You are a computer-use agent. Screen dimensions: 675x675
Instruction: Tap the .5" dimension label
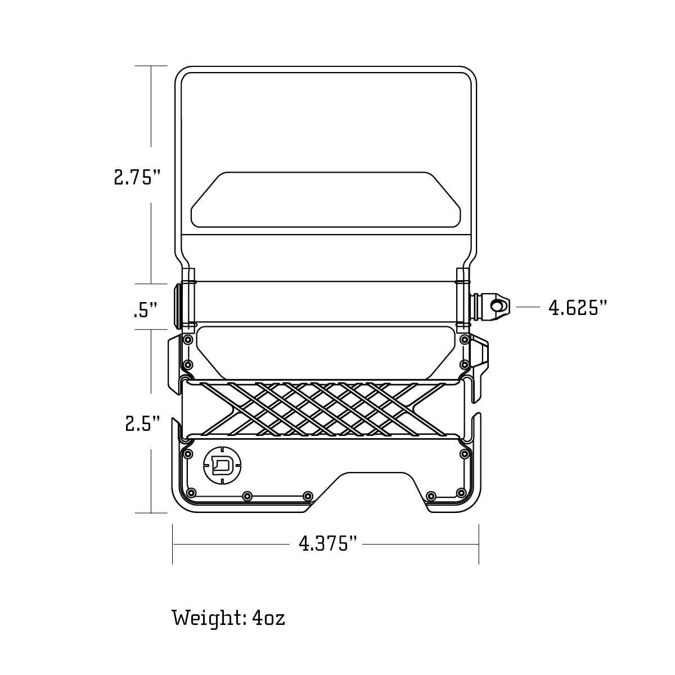(x=145, y=310)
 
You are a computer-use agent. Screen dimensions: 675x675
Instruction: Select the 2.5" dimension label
(x=143, y=423)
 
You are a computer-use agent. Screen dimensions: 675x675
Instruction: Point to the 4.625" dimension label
(x=578, y=308)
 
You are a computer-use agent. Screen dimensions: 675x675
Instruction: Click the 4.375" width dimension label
(x=328, y=544)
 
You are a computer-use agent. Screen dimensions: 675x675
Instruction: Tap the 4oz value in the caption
(x=268, y=618)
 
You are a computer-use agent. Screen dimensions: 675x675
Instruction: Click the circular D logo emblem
(x=223, y=465)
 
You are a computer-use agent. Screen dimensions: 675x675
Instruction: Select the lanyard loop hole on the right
(x=497, y=306)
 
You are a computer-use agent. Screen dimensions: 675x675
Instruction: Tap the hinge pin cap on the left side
(x=178, y=307)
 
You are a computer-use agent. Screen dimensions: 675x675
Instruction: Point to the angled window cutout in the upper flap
(x=326, y=200)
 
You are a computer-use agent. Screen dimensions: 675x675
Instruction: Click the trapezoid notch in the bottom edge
(x=374, y=489)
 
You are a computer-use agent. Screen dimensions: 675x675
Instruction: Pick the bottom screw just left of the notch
(x=307, y=496)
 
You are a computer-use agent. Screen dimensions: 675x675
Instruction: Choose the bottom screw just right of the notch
(x=431, y=496)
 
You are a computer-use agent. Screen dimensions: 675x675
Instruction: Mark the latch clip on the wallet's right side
(x=481, y=360)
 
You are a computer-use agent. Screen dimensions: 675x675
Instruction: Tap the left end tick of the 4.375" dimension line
(x=173, y=544)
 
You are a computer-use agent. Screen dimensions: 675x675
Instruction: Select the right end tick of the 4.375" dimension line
(x=479, y=544)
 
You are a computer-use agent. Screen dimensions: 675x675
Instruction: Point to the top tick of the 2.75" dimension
(x=151, y=66)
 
